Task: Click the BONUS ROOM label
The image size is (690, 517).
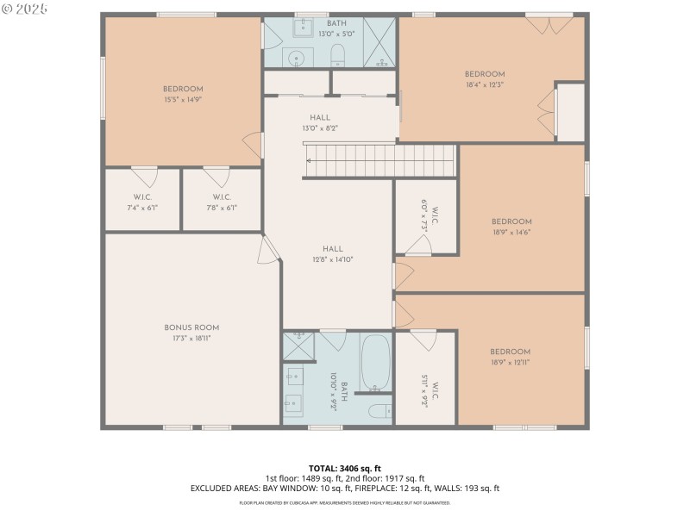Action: click(191, 327)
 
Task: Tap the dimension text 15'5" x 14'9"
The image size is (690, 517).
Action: click(183, 100)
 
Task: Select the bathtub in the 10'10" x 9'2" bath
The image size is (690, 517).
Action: click(375, 362)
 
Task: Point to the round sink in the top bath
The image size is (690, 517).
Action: click(296, 59)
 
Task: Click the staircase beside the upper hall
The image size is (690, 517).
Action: click(379, 160)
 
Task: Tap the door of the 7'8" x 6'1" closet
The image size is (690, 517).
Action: click(215, 177)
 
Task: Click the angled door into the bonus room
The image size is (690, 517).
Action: click(269, 250)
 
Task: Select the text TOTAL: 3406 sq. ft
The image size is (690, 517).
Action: click(345, 468)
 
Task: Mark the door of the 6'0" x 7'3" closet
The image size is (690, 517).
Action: click(418, 245)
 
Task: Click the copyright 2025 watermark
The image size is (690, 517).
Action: click(25, 9)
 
